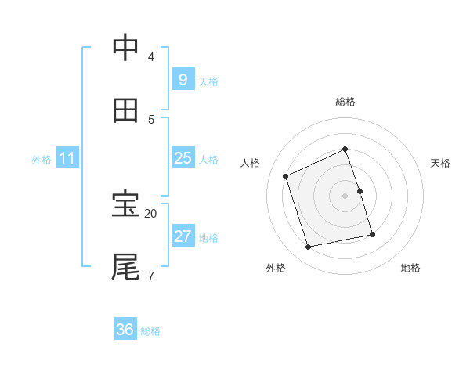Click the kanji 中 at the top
[125, 49]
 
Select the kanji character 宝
[125, 205]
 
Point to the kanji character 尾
[125, 267]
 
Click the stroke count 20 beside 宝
[151, 213]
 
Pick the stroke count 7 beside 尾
[151, 275]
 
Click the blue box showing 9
[183, 79]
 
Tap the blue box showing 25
[183, 158]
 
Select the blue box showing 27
[183, 236]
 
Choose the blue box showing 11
[67, 158]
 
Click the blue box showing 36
[125, 330]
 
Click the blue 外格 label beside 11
[42, 160]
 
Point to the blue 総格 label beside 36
[150, 331]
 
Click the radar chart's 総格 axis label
[345, 102]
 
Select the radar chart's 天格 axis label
[441, 163]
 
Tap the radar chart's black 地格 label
[410, 268]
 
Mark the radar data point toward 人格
[286, 176]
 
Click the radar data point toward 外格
[309, 247]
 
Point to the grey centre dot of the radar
[345, 195]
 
